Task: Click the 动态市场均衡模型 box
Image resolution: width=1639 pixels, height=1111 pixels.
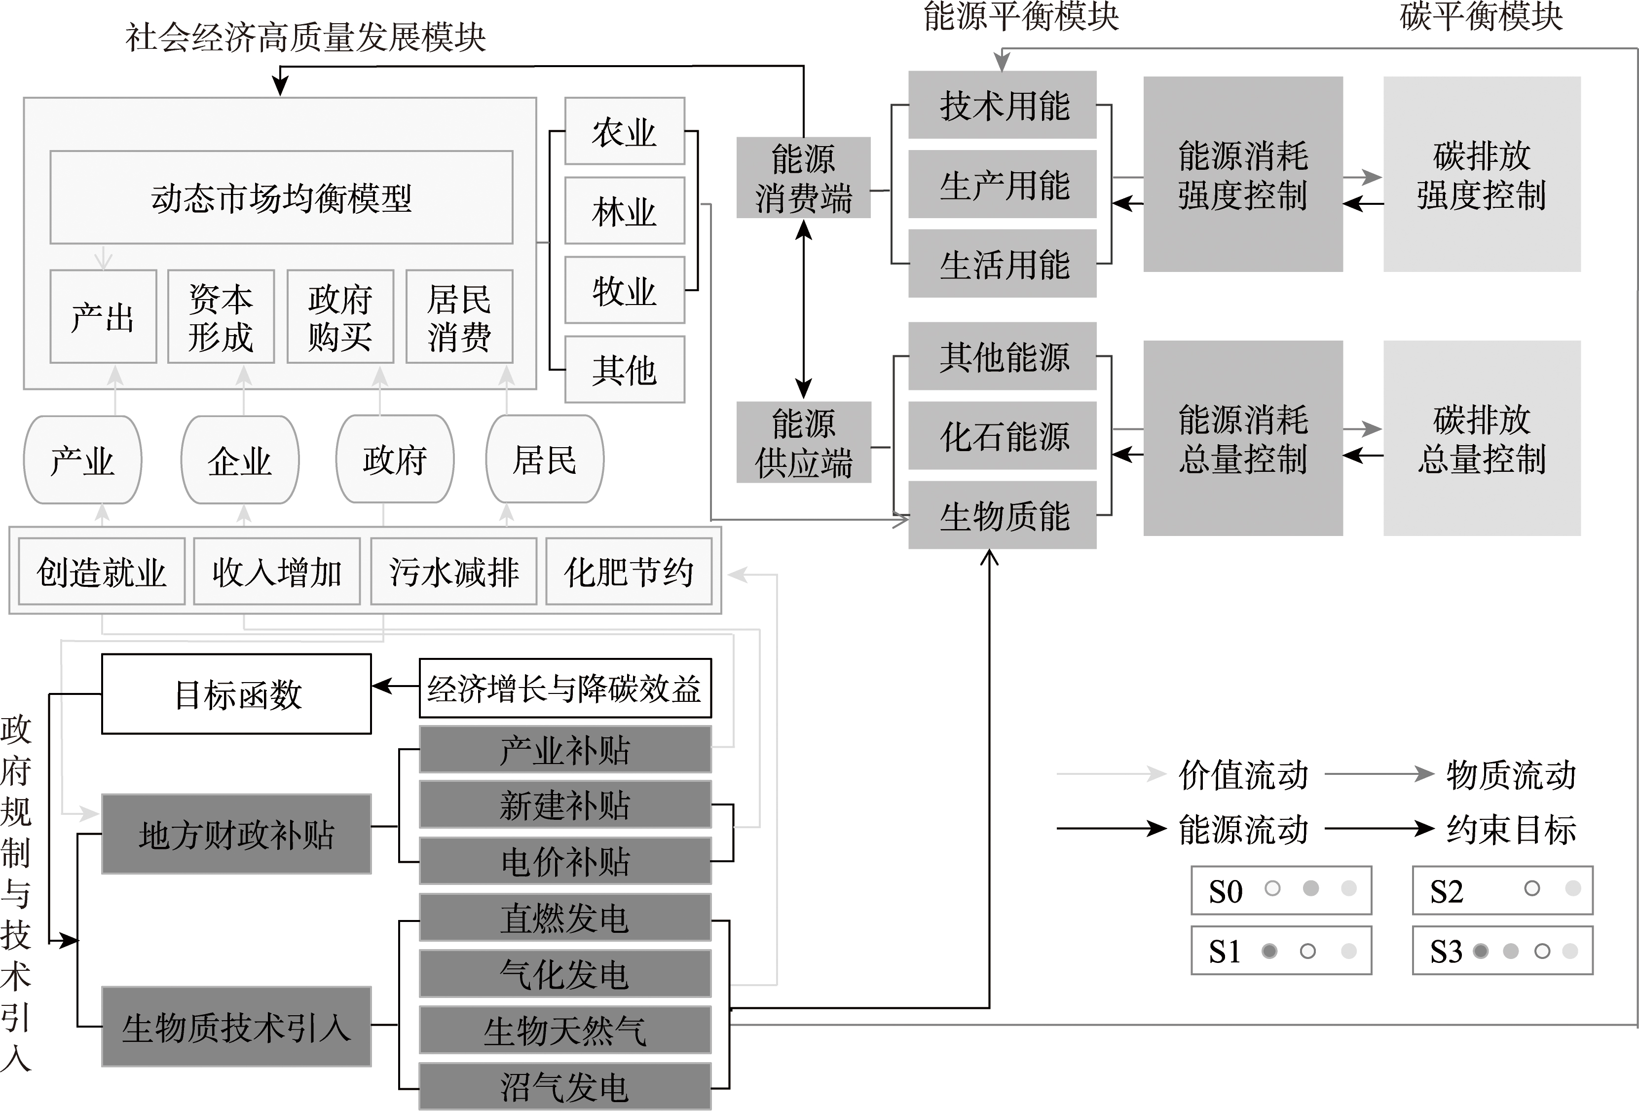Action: [281, 197]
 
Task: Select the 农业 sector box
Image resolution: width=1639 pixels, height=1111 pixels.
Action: [624, 131]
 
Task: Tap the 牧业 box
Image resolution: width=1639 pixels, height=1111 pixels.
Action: [624, 290]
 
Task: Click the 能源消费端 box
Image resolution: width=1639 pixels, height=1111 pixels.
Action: [803, 178]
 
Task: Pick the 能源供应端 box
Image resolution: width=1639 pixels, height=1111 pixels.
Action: [803, 442]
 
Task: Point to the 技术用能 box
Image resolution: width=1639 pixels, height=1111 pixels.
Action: [1002, 105]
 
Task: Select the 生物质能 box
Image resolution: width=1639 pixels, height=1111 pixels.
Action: [1002, 516]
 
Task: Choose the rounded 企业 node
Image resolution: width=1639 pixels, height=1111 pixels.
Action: [240, 460]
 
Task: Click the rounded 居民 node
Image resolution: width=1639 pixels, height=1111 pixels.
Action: [545, 460]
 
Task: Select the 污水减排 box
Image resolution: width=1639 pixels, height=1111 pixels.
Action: [453, 572]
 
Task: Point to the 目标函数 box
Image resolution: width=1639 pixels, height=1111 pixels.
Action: [236, 694]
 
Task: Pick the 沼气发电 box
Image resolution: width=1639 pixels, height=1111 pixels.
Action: [565, 1087]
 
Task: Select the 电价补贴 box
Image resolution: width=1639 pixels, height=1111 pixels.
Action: [565, 861]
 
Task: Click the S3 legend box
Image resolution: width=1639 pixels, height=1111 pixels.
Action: [1502, 951]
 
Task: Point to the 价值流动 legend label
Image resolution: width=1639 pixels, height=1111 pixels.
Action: [1243, 774]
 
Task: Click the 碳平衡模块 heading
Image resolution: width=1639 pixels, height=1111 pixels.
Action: [1481, 17]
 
